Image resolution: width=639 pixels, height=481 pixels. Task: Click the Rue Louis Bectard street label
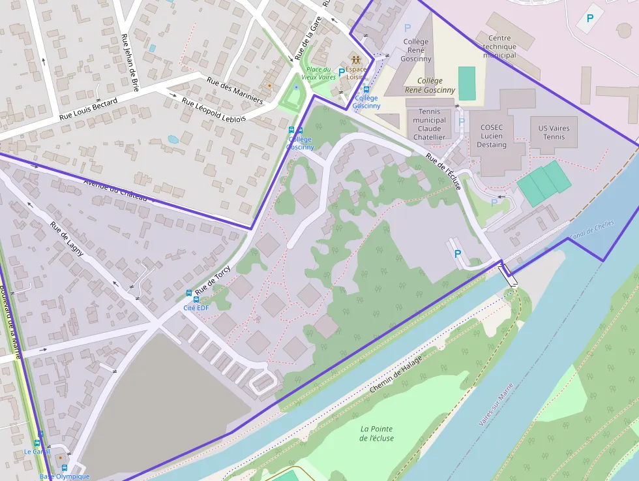point(88,110)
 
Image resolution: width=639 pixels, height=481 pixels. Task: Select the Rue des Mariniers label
point(235,91)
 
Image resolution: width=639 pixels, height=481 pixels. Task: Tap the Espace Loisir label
point(356,72)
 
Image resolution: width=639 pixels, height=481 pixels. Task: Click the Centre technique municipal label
point(499,46)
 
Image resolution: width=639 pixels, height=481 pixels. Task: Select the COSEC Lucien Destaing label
point(492,136)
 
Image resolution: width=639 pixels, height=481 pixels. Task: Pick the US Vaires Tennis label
point(551,132)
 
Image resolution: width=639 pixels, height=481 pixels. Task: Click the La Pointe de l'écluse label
point(376,433)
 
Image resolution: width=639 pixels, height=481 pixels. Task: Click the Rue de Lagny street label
point(67,240)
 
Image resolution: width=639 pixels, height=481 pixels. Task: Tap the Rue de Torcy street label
point(213,279)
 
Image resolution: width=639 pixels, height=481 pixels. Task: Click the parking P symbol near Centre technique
point(589,18)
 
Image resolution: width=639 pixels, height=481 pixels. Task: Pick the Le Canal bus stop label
point(37,451)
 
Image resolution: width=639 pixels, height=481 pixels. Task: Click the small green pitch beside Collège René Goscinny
point(467,83)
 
